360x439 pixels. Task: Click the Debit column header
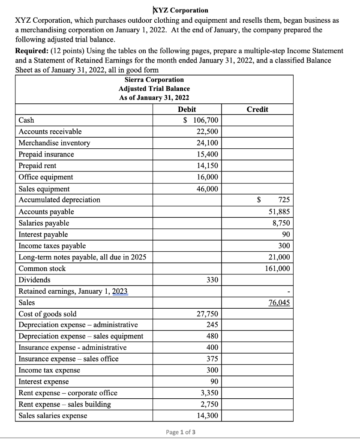click(187, 109)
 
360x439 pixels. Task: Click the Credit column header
click(257, 109)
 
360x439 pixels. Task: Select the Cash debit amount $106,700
click(201, 120)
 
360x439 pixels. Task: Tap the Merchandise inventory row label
click(54, 143)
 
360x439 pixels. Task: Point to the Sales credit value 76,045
click(279, 303)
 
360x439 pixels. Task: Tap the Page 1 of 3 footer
click(180, 431)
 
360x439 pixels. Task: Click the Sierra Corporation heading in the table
click(154, 80)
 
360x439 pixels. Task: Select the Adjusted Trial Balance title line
click(154, 89)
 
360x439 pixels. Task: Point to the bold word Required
click(31, 51)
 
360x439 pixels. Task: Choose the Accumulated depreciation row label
click(60, 200)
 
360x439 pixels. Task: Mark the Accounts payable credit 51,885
click(278, 212)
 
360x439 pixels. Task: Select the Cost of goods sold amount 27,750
click(207, 314)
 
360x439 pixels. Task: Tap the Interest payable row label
click(43, 235)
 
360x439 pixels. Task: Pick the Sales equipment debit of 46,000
click(207, 189)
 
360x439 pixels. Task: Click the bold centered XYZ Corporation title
click(180, 10)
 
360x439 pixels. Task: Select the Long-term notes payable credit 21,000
click(278, 257)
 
